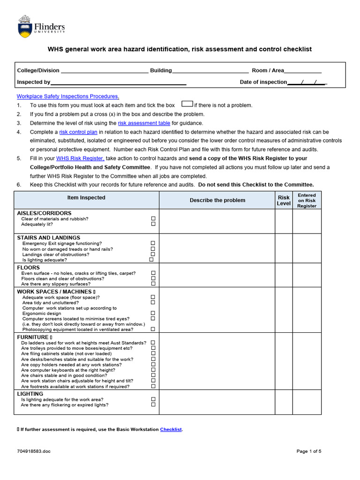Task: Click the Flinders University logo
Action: [x=41, y=27]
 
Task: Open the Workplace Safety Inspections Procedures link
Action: [x=68, y=96]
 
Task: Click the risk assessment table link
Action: [x=144, y=123]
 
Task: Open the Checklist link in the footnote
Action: [x=171, y=429]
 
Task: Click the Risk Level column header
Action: [x=284, y=201]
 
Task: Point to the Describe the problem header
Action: [x=217, y=200]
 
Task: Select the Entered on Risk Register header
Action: [x=307, y=200]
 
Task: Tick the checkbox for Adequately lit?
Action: [x=153, y=224]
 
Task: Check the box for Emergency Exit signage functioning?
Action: [x=153, y=243]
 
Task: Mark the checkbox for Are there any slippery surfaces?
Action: [x=153, y=284]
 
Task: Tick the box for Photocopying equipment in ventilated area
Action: [x=153, y=329]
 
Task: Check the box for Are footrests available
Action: [x=153, y=386]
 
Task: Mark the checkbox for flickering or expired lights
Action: [x=153, y=405]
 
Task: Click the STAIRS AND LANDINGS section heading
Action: [x=49, y=238]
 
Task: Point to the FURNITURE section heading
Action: [x=33, y=337]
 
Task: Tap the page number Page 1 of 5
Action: [x=309, y=451]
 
